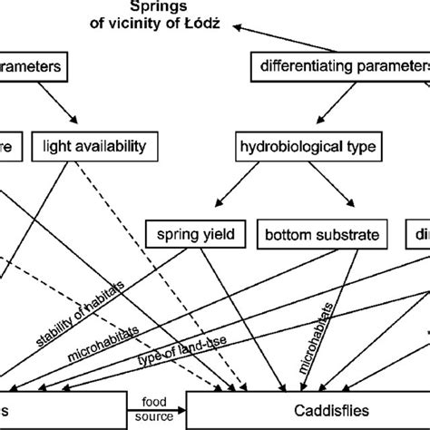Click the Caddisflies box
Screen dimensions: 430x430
tap(308, 409)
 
